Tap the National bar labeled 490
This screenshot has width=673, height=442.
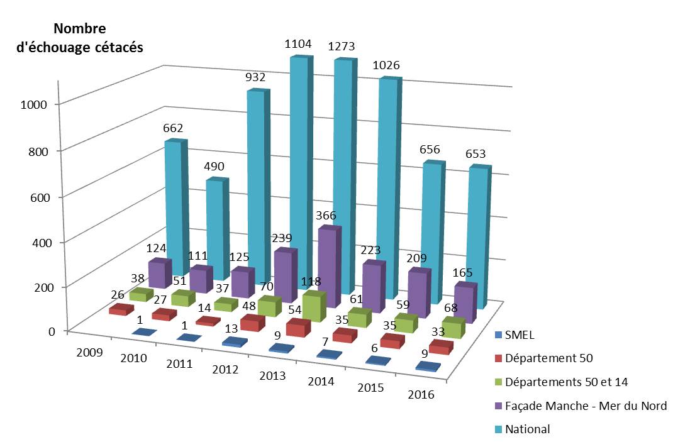(214, 226)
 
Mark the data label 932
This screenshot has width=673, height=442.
(255, 78)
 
